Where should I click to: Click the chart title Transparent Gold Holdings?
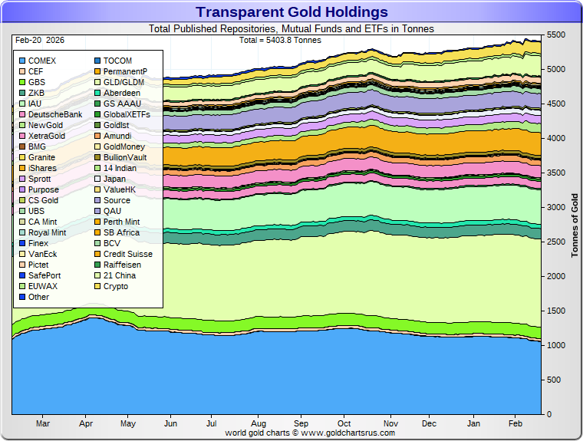(x=291, y=12)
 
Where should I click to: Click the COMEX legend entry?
(x=41, y=61)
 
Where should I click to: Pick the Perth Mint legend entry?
(x=121, y=222)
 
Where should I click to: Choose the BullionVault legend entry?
(x=124, y=157)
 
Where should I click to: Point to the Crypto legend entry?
(x=116, y=286)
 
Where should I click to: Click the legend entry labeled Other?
(x=38, y=297)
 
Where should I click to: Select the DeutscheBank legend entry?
(x=54, y=114)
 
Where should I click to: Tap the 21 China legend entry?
(x=119, y=275)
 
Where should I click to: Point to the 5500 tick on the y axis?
(x=556, y=35)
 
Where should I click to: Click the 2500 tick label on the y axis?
(x=556, y=242)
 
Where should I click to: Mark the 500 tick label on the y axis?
(x=555, y=380)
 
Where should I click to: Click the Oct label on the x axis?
(x=344, y=423)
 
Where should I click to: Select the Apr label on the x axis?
(x=86, y=423)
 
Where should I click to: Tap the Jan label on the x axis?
(x=474, y=423)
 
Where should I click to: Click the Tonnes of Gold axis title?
(x=575, y=225)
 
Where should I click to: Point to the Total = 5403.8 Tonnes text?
(x=281, y=40)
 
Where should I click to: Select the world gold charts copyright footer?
(x=310, y=433)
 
